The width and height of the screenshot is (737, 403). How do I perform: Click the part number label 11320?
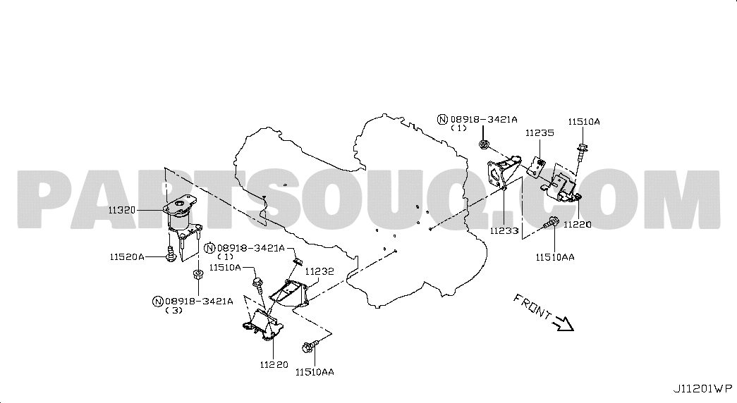point(122,211)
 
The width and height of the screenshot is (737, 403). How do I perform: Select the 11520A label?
point(127,257)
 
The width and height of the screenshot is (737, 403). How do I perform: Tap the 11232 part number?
point(319,271)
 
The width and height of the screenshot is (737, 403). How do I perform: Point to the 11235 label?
point(540,133)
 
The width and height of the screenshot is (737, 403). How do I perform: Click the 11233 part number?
point(504,230)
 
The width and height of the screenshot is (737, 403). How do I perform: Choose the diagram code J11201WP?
point(702,389)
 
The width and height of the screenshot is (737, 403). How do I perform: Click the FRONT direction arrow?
point(564,323)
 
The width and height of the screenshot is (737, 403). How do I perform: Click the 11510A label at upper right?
point(584,122)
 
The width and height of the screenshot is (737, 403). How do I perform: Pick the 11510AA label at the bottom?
point(315,372)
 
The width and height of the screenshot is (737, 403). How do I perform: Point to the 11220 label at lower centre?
point(274,364)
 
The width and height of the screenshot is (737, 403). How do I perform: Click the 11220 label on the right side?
point(577,225)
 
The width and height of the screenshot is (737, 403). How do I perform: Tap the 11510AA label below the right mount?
point(554,257)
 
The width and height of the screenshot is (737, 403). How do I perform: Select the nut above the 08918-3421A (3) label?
point(198,274)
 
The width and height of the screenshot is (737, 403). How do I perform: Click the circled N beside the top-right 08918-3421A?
point(442,119)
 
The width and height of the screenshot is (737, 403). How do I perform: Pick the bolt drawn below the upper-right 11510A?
point(582,151)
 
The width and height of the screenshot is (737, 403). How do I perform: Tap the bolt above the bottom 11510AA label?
point(310,347)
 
